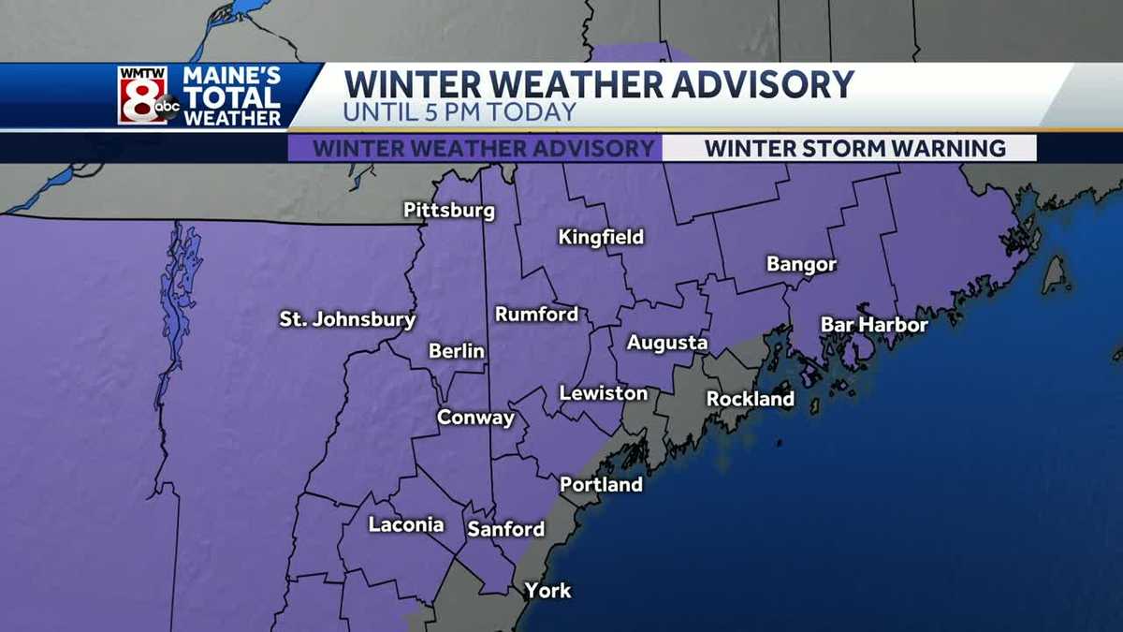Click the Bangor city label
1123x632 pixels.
coord(801,265)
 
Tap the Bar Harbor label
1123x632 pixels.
coord(874,325)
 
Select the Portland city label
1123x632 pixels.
coord(601,485)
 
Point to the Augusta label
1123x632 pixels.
coord(667,344)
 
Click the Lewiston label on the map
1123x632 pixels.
coord(604,393)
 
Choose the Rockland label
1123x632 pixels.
coord(750,400)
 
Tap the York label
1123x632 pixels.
coord(547,591)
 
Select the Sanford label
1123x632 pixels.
coord(505,529)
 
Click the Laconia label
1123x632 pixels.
coord(405,524)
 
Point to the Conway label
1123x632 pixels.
coord(476,418)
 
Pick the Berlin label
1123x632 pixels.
coord(457,351)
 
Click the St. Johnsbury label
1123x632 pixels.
coord(347,319)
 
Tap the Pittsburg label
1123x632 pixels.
coord(448,211)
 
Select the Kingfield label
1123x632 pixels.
coord(601,238)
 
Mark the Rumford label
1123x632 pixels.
coord(536,315)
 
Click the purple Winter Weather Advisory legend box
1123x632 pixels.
coord(483,149)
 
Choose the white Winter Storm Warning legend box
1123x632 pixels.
coord(854,149)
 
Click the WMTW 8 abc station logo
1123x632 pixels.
coord(147,96)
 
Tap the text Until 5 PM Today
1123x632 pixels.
coord(459,111)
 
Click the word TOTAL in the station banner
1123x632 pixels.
coord(232,97)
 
